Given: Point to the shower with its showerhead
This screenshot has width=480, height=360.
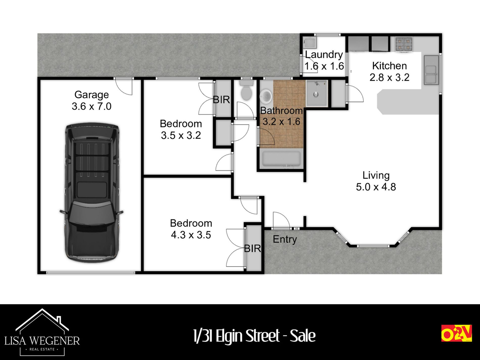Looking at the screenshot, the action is [317, 93].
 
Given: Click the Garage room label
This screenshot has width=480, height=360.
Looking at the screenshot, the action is [91, 95].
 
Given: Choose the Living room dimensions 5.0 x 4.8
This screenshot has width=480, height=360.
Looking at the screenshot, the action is [376, 187].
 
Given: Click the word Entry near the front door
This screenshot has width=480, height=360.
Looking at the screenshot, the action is [285, 239].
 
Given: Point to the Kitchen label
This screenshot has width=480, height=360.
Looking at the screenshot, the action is [389, 66].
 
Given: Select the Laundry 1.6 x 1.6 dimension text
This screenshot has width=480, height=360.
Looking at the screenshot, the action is [324, 66].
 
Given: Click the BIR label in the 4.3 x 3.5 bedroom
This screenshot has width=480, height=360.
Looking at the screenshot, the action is [252, 249].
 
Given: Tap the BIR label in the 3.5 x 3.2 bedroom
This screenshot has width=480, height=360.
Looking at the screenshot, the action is [222, 100].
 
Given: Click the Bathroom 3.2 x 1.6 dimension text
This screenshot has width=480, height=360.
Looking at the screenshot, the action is [281, 122].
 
